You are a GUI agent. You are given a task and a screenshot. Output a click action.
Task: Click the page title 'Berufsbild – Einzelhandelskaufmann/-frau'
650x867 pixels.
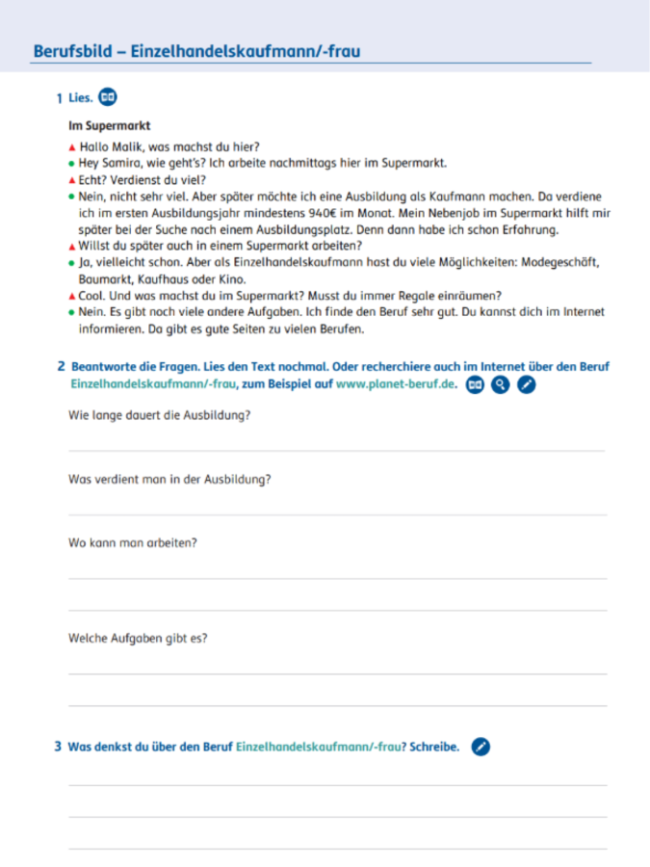[x=195, y=51]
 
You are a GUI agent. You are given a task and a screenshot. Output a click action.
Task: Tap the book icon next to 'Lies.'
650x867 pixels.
[x=109, y=96]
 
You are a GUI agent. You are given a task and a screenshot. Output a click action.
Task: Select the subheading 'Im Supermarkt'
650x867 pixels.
[x=109, y=126]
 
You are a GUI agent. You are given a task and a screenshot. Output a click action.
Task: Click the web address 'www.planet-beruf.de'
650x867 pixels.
[x=396, y=383]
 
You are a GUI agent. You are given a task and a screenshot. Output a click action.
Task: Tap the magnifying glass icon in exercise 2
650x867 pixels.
[x=500, y=384]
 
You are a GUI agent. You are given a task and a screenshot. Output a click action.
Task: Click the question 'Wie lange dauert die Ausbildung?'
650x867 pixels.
[x=160, y=416]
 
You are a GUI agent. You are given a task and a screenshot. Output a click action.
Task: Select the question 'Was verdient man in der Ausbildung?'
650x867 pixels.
[x=169, y=479]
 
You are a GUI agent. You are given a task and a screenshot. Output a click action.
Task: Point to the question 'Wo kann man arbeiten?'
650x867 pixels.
[x=133, y=542]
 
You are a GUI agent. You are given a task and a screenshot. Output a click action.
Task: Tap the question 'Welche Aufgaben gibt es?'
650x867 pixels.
[x=138, y=637]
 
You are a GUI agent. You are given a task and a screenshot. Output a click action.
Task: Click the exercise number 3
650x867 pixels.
[x=58, y=747]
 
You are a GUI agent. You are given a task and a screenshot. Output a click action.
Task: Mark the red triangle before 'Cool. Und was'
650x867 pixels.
[x=71, y=296]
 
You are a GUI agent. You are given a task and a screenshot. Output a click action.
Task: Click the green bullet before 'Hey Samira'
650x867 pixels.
[x=71, y=164]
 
